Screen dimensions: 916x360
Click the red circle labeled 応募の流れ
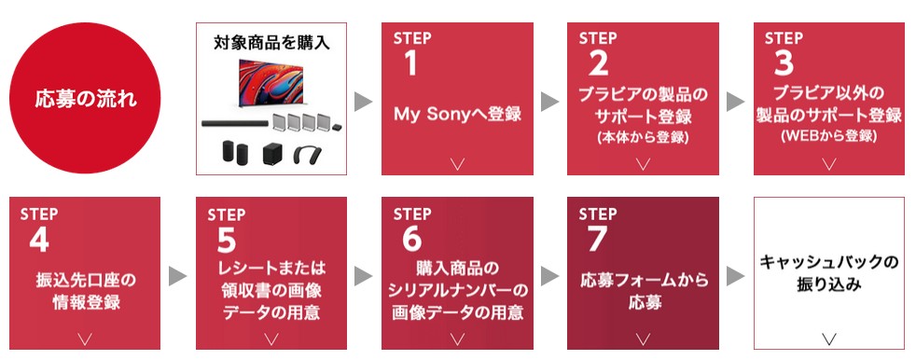point(85,98)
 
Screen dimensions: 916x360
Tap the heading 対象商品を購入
point(271,43)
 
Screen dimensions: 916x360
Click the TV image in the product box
point(271,82)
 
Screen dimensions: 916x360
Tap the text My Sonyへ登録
point(457,115)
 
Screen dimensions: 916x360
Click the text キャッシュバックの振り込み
point(829,273)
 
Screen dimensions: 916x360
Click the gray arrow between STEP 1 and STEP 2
point(549,101)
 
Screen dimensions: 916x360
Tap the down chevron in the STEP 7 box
point(643,339)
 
